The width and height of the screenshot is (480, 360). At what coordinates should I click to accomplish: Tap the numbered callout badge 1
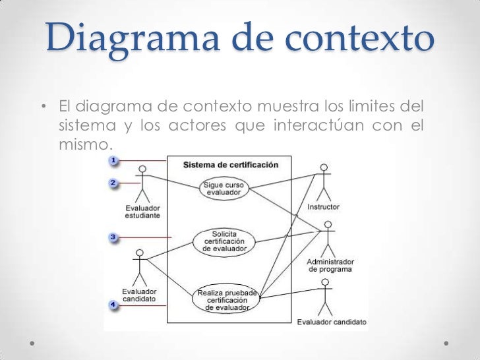[x=113, y=160]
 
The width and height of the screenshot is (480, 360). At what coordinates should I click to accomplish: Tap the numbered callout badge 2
[x=113, y=183]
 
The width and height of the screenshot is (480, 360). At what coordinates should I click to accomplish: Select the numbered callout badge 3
[x=113, y=236]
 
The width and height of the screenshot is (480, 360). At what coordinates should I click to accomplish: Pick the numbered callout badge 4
[x=113, y=304]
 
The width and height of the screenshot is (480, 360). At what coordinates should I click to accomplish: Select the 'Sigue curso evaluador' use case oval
[x=224, y=188]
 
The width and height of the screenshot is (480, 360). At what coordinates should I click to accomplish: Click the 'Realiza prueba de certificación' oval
[x=225, y=299]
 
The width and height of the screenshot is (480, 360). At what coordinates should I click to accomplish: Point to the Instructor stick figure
[x=322, y=182]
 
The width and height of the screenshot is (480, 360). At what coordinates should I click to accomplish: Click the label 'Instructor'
[x=323, y=207]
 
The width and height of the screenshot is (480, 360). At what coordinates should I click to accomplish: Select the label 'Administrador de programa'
[x=331, y=265]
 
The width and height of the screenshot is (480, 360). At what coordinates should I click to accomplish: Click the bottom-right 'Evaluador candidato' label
[x=332, y=322]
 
